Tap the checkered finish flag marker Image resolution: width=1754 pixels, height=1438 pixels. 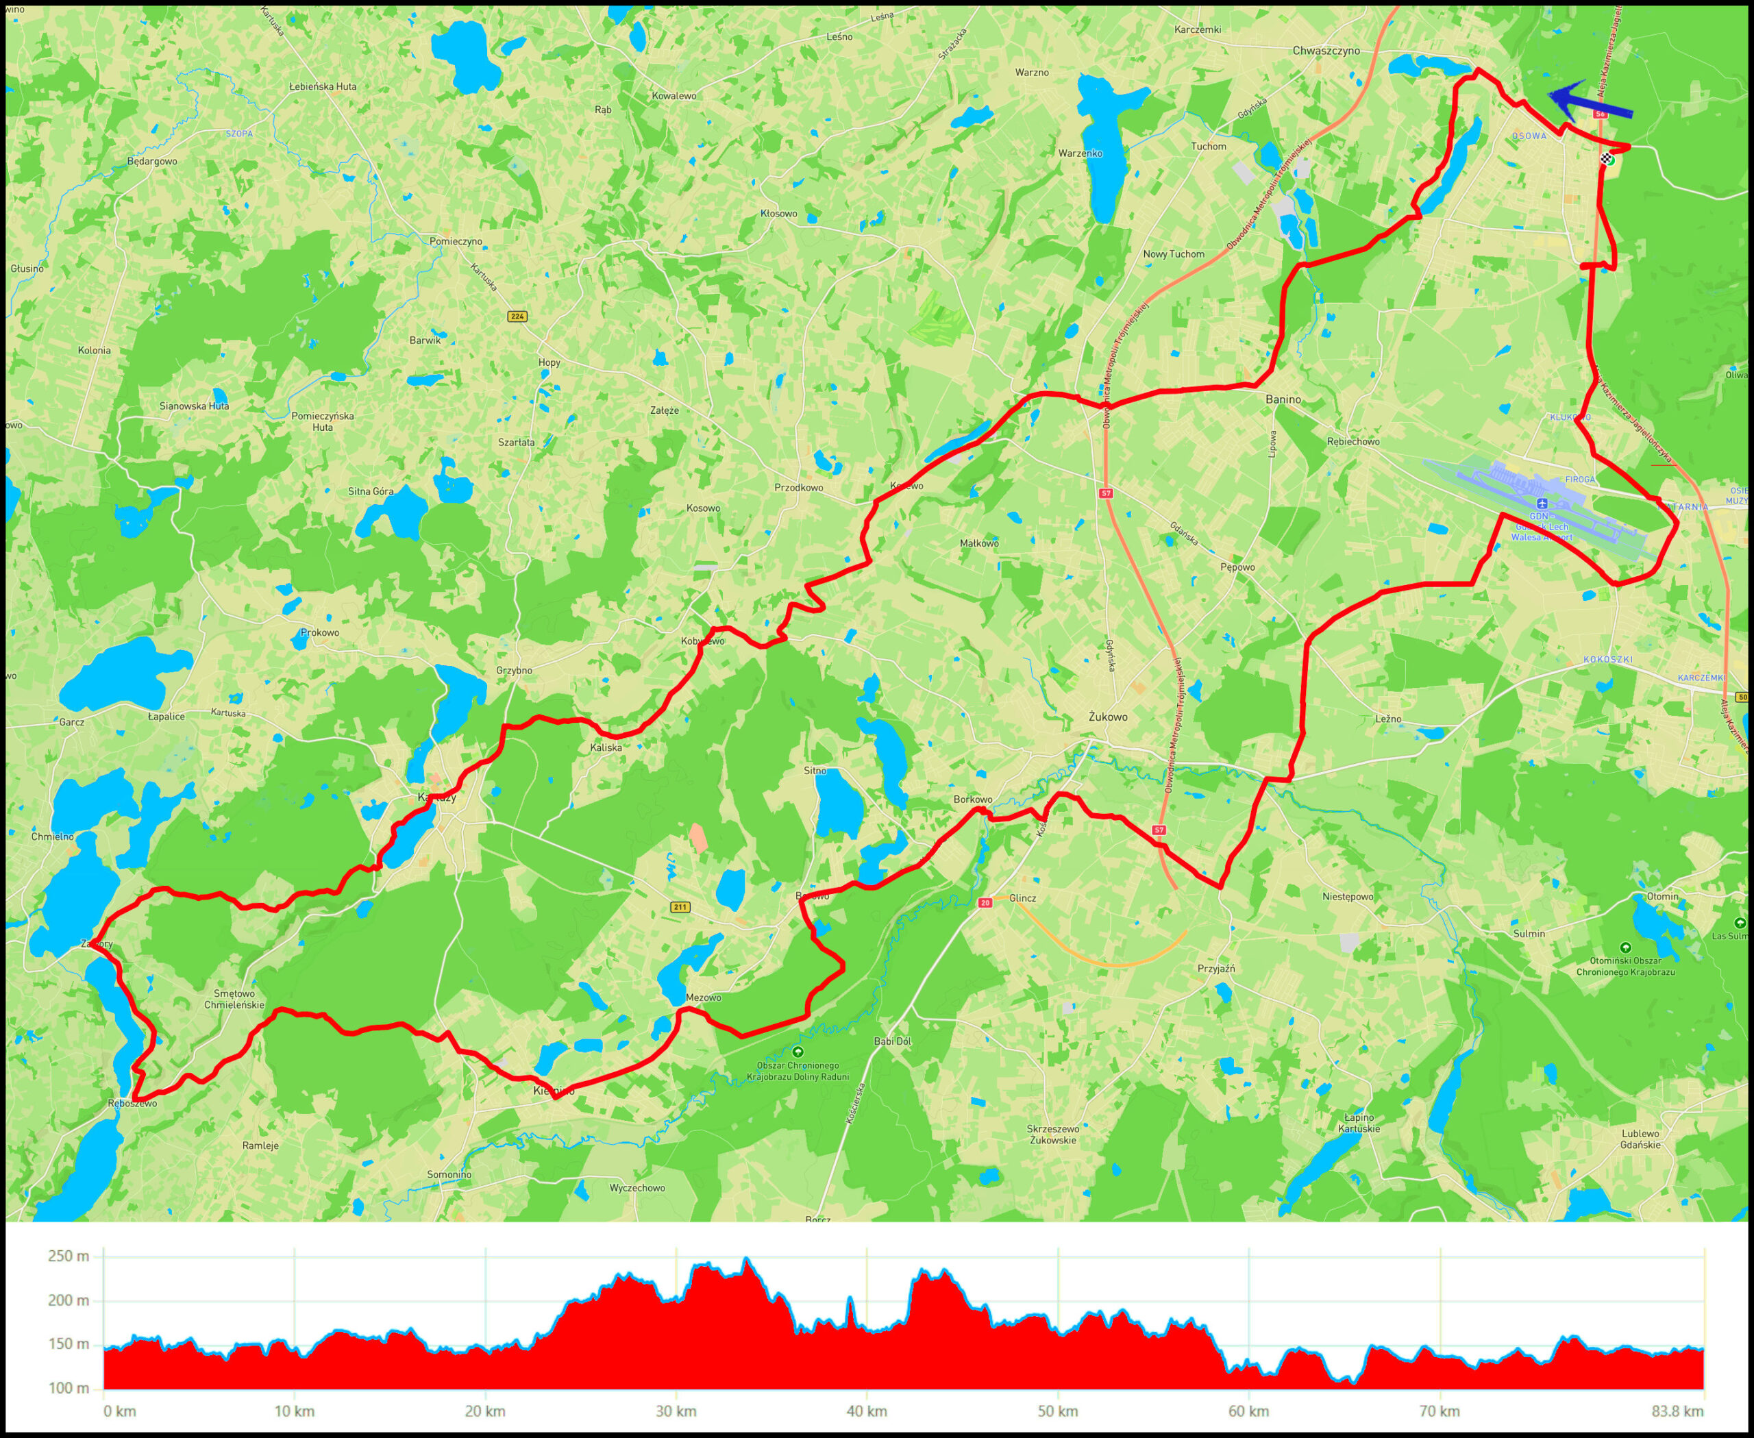tap(1607, 159)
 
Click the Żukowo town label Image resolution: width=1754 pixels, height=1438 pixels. tap(1108, 717)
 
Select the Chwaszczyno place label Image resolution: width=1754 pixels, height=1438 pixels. tap(1326, 51)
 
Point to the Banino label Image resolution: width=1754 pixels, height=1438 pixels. tap(1283, 399)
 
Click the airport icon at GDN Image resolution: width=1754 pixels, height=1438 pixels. tap(1541, 504)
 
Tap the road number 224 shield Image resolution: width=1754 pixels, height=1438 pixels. tap(518, 317)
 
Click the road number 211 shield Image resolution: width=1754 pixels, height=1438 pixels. tap(680, 907)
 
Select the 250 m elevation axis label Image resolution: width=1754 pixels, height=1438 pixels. tap(68, 1256)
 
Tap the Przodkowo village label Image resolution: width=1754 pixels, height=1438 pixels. tap(798, 488)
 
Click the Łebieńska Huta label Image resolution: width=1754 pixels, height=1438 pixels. tap(322, 86)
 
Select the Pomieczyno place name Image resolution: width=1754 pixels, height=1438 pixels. tap(456, 242)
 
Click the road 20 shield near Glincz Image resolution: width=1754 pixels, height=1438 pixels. tap(985, 903)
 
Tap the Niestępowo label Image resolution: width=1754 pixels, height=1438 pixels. tap(1348, 896)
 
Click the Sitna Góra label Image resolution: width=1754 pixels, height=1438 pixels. tap(371, 491)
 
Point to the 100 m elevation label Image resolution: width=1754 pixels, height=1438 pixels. tap(68, 1388)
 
